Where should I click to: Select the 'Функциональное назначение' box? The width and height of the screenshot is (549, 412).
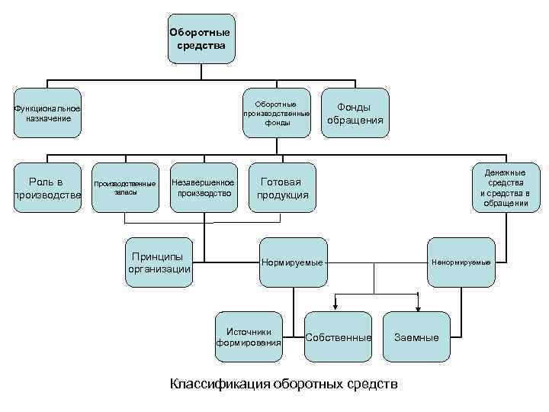[x=47, y=113]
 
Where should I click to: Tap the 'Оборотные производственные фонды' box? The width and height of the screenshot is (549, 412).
[x=277, y=113]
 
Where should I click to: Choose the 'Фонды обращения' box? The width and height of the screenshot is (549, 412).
[x=355, y=113]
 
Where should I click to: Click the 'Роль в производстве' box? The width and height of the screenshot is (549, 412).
[x=47, y=188]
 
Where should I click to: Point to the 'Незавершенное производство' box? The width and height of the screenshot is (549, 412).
[x=203, y=188]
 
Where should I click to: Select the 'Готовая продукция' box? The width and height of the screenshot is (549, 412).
[x=283, y=188]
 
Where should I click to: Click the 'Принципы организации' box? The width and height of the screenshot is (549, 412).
[x=159, y=262]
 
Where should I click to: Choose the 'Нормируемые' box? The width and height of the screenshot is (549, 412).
[x=293, y=262]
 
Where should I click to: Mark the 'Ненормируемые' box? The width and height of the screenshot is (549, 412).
[x=461, y=262]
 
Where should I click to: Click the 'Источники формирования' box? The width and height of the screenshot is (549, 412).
[x=249, y=336]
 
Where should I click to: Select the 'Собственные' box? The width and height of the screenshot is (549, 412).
[x=338, y=336]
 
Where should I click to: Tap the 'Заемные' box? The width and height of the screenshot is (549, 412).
[x=416, y=336]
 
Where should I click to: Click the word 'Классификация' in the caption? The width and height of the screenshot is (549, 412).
[x=219, y=383]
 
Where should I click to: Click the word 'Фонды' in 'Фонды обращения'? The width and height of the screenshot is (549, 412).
[x=355, y=108]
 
